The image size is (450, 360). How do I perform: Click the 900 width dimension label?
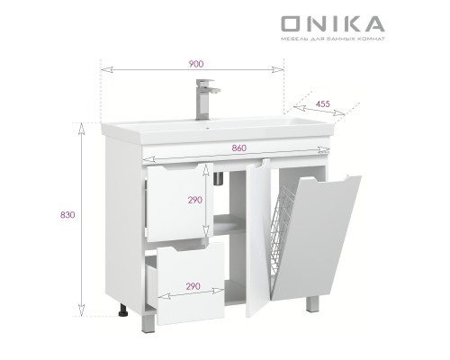[195, 63]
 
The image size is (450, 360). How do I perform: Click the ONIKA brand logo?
[332, 23]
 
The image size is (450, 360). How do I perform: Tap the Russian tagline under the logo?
[332, 40]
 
